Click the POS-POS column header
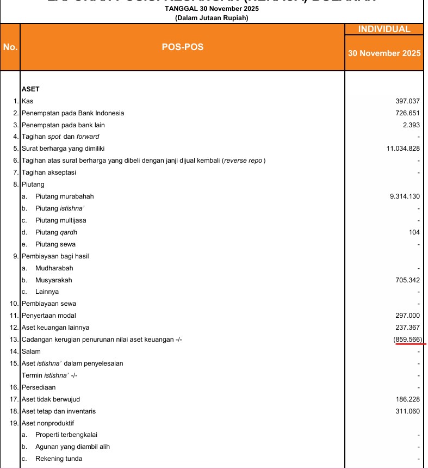click(x=182, y=47)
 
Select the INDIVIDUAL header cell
click(x=384, y=29)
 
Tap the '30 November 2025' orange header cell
click(x=384, y=53)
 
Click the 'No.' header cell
click(x=10, y=47)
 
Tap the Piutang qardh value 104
click(x=414, y=232)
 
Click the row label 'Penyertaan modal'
click(x=48, y=316)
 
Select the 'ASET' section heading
click(x=30, y=89)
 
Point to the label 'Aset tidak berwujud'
click(x=51, y=399)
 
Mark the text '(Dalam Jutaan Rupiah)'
click(x=212, y=18)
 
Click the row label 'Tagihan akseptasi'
click(x=48, y=172)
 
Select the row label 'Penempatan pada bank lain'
click(x=63, y=125)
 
